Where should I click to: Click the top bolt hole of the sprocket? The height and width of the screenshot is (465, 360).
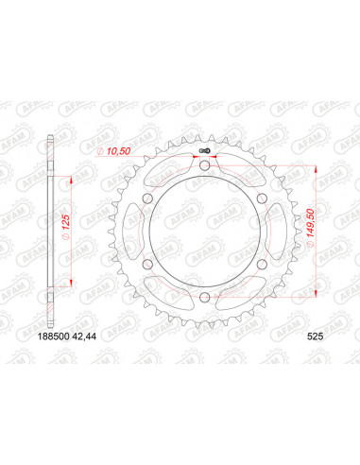pos(205,168)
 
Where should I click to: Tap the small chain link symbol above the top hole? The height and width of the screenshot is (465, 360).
pos(205,151)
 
